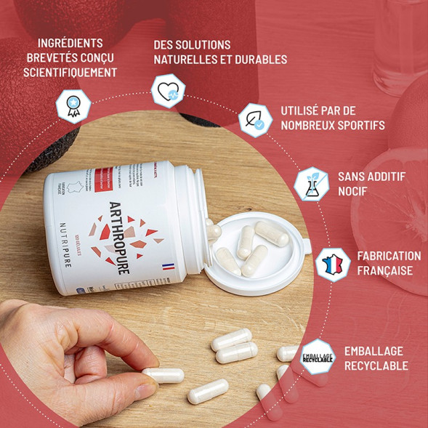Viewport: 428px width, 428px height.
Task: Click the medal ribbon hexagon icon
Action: [73, 106]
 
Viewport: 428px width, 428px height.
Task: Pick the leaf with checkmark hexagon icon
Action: [256, 121]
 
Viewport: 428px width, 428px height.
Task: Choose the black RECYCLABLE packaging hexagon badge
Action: [318, 356]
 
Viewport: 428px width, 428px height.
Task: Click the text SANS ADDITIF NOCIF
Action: [371, 185]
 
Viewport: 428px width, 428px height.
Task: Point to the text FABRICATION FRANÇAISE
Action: [389, 263]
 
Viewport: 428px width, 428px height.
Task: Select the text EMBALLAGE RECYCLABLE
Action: [376, 358]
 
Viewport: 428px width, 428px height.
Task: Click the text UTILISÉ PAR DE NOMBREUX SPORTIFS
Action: [332, 118]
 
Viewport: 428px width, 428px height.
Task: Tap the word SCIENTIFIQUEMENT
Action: [70, 72]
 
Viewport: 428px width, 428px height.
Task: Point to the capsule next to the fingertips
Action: [163, 376]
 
